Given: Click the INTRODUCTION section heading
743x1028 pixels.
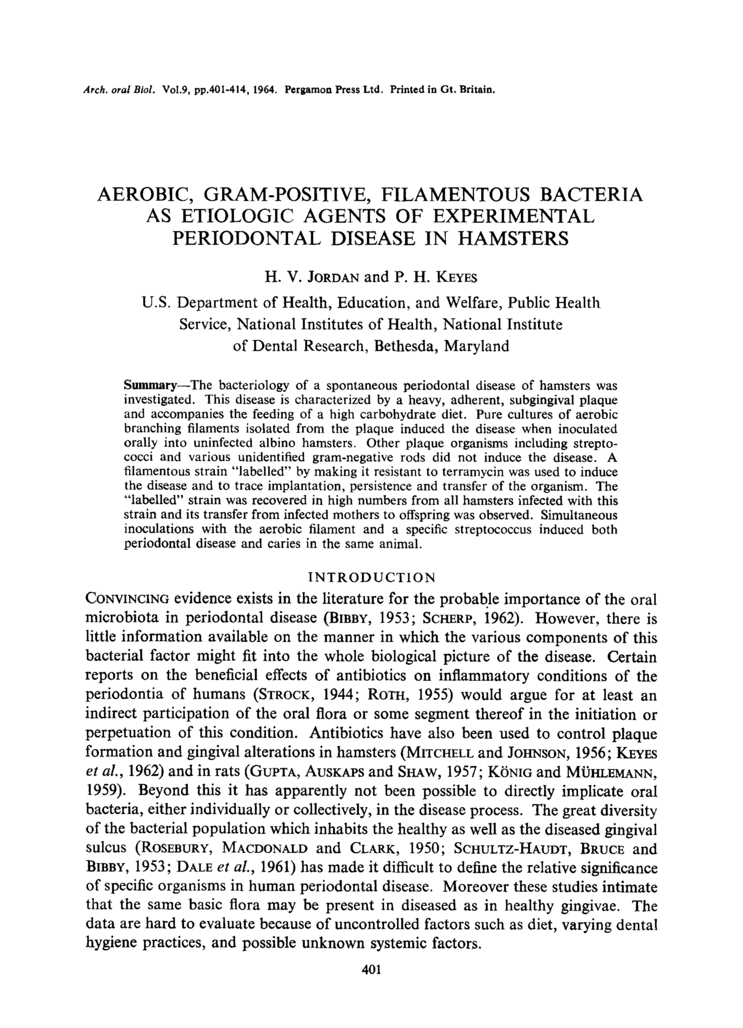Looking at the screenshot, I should pos(371,578).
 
